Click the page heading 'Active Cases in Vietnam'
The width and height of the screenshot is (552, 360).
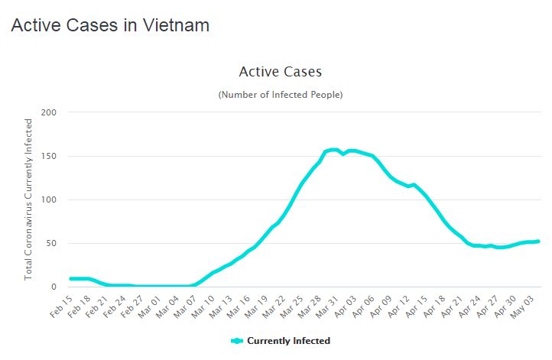pyautogui.click(x=110, y=24)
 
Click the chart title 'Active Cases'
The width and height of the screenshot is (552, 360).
pyautogui.click(x=280, y=72)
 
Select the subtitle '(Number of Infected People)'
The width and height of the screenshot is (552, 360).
pyautogui.click(x=280, y=95)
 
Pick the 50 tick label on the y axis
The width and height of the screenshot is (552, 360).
pyautogui.click(x=52, y=243)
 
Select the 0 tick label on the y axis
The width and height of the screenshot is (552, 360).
pyautogui.click(x=54, y=287)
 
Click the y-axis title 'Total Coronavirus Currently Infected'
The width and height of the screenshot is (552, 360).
pyautogui.click(x=29, y=199)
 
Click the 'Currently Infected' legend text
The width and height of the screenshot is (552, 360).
pyautogui.click(x=288, y=341)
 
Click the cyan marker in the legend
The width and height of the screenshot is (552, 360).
pyautogui.click(x=236, y=341)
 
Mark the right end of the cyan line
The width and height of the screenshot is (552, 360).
pyautogui.click(x=539, y=242)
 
